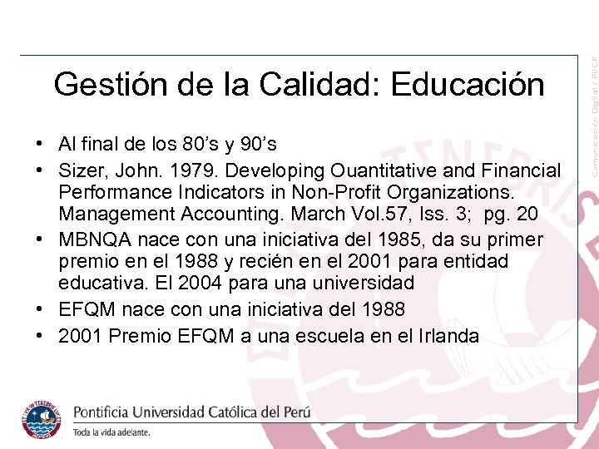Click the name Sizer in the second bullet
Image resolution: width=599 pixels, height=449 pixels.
coord(80,170)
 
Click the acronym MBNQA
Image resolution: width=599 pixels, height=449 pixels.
coord(88,239)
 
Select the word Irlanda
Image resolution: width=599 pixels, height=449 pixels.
coord(450,335)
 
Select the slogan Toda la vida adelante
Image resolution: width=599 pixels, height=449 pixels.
coord(111,432)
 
